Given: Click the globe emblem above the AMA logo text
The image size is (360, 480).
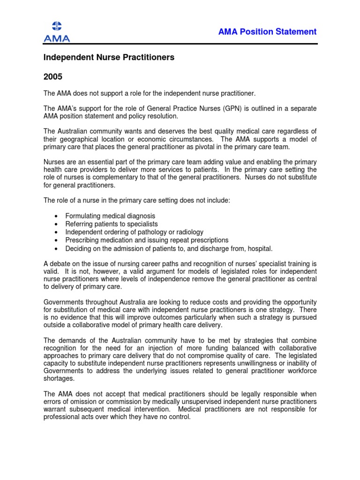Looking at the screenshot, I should coord(56,26).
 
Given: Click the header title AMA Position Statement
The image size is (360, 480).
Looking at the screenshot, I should coord(267,32).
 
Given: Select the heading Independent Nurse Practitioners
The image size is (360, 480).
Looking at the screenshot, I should coord(109,57).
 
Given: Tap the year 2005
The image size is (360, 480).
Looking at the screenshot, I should coord(52,76).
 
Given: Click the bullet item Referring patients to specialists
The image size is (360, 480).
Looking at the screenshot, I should coord(112,224).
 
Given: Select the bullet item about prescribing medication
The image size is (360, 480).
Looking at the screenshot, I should coord(147,240).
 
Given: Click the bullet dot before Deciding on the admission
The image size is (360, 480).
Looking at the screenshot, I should coord(56,248).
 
